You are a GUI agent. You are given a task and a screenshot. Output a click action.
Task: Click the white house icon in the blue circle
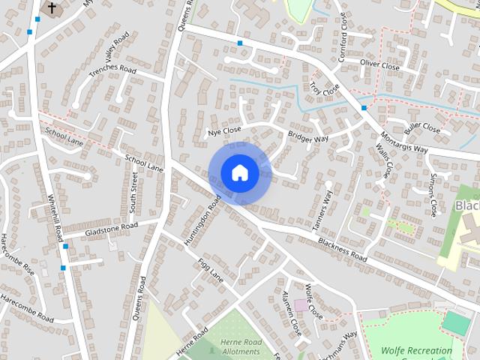pos(239,172)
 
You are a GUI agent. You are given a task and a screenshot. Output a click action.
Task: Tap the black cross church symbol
pos(52,8)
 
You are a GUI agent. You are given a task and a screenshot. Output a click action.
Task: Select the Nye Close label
pos(224,132)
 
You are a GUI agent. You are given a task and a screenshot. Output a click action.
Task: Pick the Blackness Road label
pos(343,247)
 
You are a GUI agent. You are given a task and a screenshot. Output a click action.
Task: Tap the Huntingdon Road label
pos(201,218)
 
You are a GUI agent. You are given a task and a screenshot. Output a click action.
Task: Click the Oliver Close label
pos(379,66)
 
